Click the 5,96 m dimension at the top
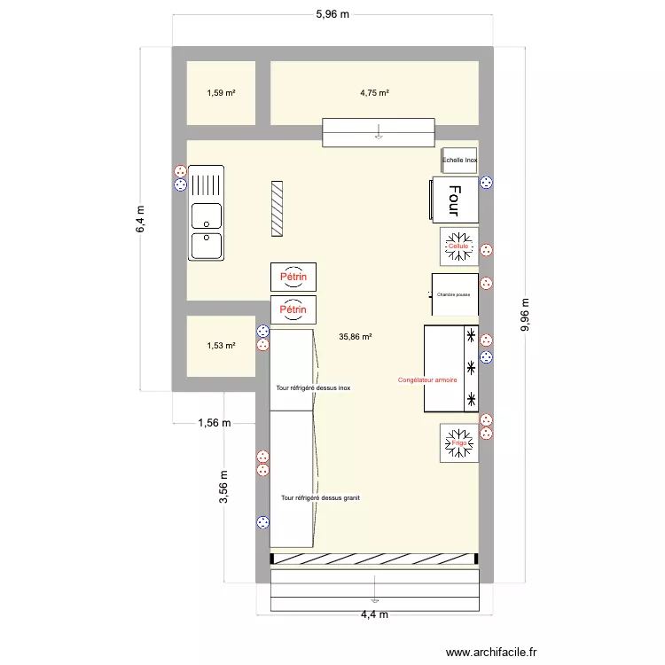click(x=332, y=14)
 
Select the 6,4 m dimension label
click(x=141, y=219)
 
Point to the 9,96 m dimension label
click(x=525, y=314)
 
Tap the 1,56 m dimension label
click(x=213, y=423)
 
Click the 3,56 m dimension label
click(x=224, y=487)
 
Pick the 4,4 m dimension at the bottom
click(x=373, y=614)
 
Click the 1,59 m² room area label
click(x=221, y=92)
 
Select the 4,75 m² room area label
click(x=374, y=92)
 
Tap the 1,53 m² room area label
click(x=221, y=346)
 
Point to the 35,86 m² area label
click(x=355, y=336)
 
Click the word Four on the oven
click(x=454, y=200)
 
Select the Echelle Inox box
click(x=459, y=160)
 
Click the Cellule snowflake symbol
click(x=458, y=246)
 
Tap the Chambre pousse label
click(x=453, y=294)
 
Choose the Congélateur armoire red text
click(x=427, y=379)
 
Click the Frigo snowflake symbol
click(x=458, y=442)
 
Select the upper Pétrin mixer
click(x=294, y=277)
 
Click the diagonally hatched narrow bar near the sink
click(x=278, y=208)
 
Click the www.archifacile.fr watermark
click(x=491, y=652)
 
